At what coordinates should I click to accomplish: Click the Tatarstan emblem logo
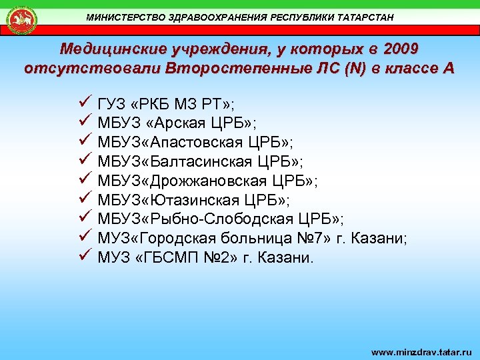[x=22, y=19]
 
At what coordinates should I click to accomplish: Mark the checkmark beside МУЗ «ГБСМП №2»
[x=84, y=256]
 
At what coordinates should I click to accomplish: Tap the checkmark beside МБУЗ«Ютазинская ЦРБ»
[x=84, y=198]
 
